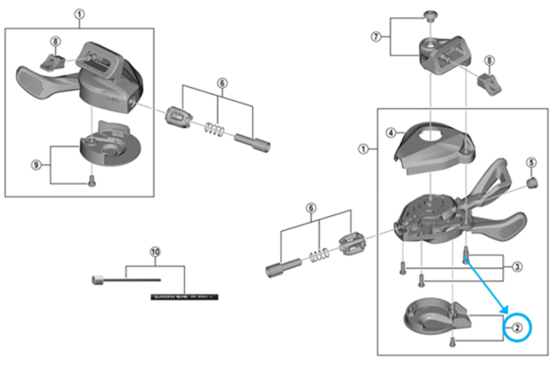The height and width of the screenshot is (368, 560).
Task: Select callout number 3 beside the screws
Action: pos(518,266)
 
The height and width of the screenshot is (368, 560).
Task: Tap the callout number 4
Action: pos(391,133)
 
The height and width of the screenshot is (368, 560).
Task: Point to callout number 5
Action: pos(531,161)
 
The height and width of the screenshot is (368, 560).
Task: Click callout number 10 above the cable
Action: pos(154,251)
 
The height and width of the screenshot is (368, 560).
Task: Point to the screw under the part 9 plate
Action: pos(92,179)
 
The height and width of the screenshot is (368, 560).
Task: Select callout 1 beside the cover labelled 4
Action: pos(363,149)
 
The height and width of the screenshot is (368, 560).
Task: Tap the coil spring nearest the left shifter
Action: pos(215,129)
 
